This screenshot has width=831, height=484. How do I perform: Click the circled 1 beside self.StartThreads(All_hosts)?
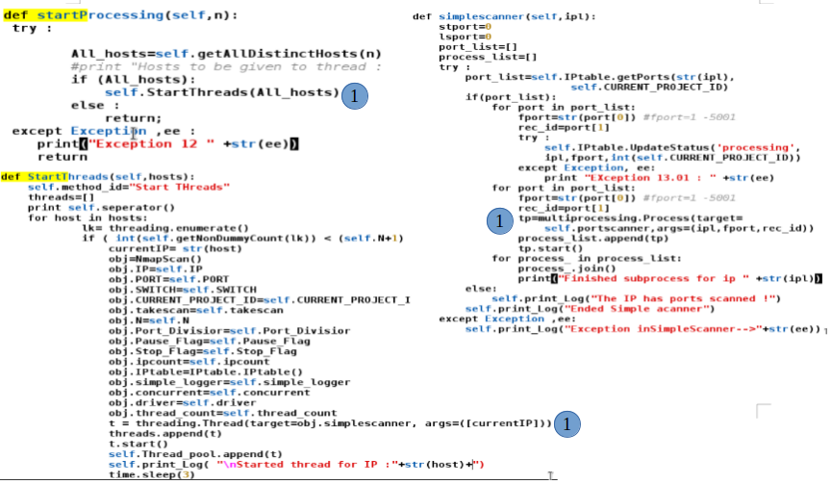coord(356,95)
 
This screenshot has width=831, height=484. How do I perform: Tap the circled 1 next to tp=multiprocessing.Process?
coord(497,221)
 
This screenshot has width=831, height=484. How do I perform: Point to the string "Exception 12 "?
coord(106,143)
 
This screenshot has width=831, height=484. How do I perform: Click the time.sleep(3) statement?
coord(152,474)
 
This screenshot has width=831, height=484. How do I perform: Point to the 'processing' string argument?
coord(718,146)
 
